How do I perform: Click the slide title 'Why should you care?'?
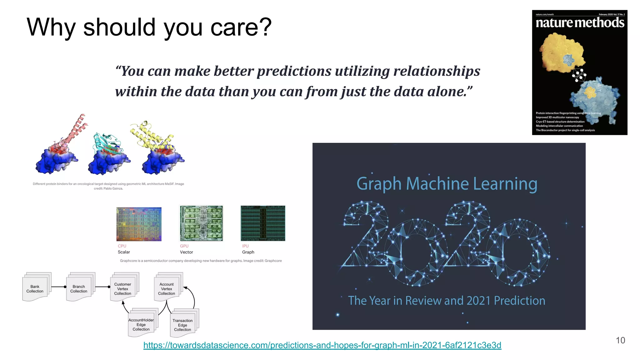[x=149, y=27]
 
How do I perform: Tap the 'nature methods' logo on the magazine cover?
[x=580, y=23]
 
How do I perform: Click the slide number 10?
[x=620, y=340]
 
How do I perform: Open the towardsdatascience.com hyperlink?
[x=322, y=345]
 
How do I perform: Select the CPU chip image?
[x=139, y=224]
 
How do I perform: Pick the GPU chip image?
[x=201, y=223]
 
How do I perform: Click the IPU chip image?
[x=263, y=223]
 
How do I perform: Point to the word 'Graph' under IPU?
[x=248, y=252]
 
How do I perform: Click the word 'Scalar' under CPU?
[x=124, y=252]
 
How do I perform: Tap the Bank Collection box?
[x=35, y=288]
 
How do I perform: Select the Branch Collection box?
[x=79, y=288]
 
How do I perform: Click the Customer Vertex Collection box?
[x=122, y=288]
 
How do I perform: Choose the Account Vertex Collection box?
[x=167, y=288]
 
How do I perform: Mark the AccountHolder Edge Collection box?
[x=141, y=324]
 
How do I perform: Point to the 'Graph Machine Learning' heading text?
[x=447, y=184]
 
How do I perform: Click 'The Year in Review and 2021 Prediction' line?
[x=447, y=301]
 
